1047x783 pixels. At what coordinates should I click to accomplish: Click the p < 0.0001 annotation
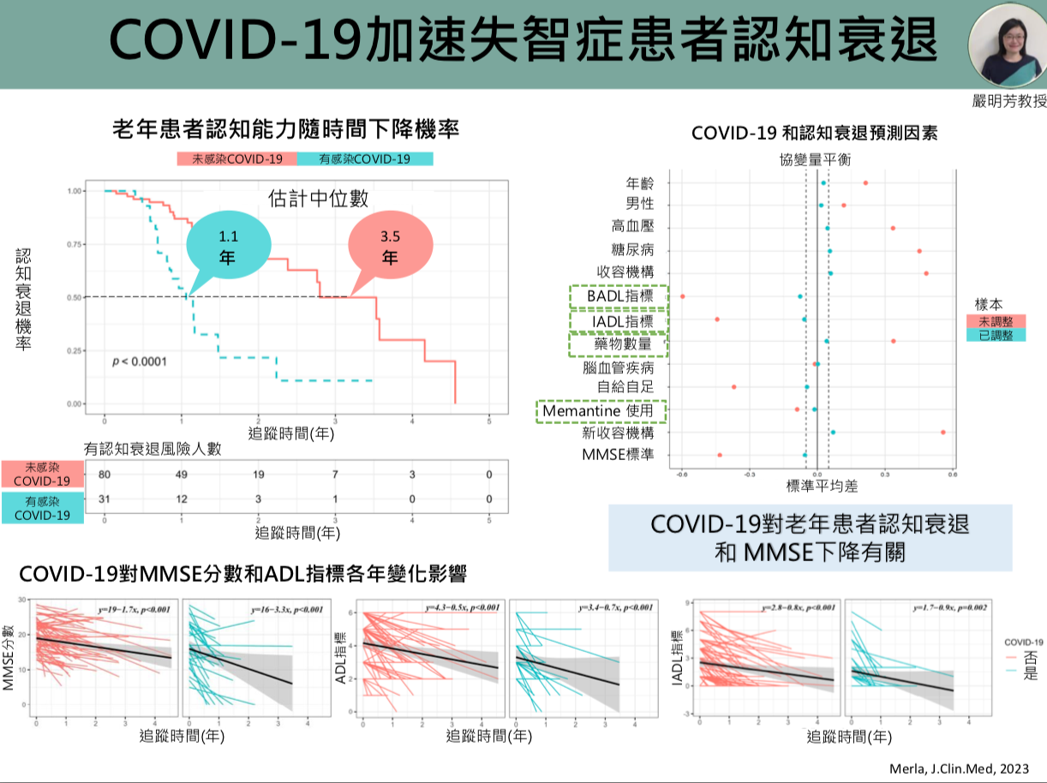[x=140, y=362]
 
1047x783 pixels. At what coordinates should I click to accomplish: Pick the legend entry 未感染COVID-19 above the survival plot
[x=236, y=158]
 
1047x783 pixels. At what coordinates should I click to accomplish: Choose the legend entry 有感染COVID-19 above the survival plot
[x=364, y=158]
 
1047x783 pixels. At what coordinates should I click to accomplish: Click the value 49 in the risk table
[x=182, y=475]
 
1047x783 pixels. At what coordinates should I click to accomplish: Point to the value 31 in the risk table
[x=105, y=499]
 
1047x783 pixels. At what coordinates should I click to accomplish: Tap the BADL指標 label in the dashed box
[x=619, y=296]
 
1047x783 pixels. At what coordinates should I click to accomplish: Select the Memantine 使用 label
[x=601, y=411]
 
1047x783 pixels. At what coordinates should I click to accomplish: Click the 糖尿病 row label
[x=632, y=250]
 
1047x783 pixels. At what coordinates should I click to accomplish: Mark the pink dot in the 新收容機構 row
[x=943, y=432]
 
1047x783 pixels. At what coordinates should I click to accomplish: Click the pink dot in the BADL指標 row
[x=683, y=296]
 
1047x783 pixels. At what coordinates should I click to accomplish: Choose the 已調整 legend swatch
[x=996, y=335]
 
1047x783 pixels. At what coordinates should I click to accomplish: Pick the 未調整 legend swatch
[x=996, y=320]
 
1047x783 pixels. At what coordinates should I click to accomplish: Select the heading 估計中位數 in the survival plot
[x=318, y=199]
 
